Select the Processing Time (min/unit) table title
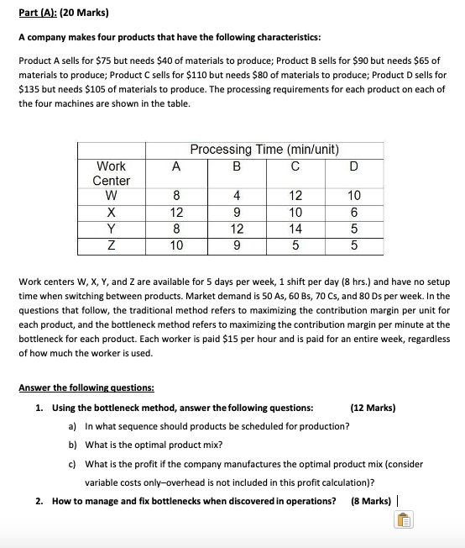(x=264, y=150)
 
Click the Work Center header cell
(x=111, y=173)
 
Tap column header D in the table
(x=353, y=166)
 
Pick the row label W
(x=111, y=196)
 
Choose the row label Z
(x=111, y=245)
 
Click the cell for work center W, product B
(x=236, y=196)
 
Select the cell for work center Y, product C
(x=293, y=229)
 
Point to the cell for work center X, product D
(x=353, y=213)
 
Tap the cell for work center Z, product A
(x=175, y=245)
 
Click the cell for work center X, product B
(x=236, y=213)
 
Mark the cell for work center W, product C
(x=293, y=196)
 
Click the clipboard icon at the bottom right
(x=403, y=522)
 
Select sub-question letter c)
(x=72, y=464)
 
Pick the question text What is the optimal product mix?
(x=154, y=445)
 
